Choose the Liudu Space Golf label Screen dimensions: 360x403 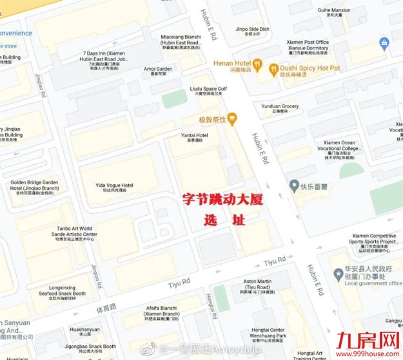[x=208, y=90]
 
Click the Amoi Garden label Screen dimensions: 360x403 [x=158, y=70]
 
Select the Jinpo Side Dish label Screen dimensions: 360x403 [x=252, y=30]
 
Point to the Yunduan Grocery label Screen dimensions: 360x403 [x=280, y=108]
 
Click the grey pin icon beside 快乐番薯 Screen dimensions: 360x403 [x=295, y=187]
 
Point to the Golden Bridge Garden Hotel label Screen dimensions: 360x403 [x=34, y=186]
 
